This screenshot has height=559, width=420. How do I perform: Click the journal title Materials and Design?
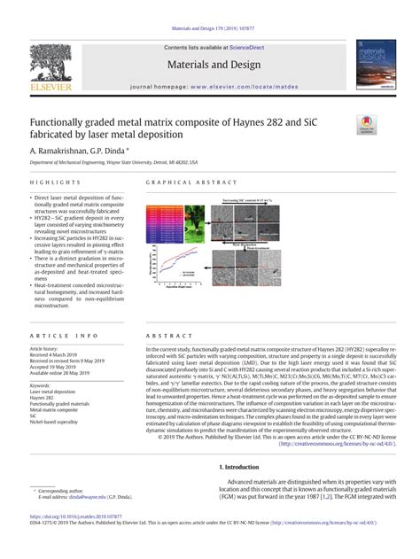click(210, 66)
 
